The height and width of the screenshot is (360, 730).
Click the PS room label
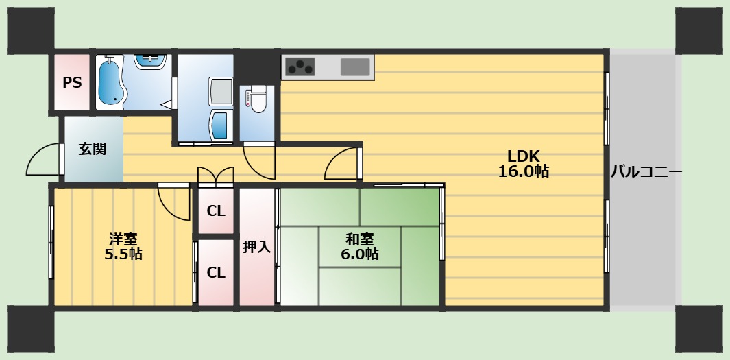(x=72, y=83)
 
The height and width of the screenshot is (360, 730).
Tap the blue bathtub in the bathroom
(x=110, y=82)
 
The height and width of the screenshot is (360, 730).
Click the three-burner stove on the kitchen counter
(x=300, y=67)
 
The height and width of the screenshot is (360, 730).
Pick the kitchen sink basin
(x=354, y=67)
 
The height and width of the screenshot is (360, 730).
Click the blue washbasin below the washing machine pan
(x=220, y=124)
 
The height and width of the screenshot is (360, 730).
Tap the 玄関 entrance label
(x=92, y=149)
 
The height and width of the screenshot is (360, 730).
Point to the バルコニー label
(x=646, y=171)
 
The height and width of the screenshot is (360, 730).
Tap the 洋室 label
(x=123, y=239)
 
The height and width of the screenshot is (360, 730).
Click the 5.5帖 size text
(x=123, y=254)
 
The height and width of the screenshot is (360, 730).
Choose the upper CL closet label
(x=216, y=211)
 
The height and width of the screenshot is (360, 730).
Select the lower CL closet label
(x=216, y=272)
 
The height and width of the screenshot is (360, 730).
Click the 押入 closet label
(x=256, y=247)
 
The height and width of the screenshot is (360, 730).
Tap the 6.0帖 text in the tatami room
(x=360, y=254)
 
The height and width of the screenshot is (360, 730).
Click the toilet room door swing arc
(x=259, y=163)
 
